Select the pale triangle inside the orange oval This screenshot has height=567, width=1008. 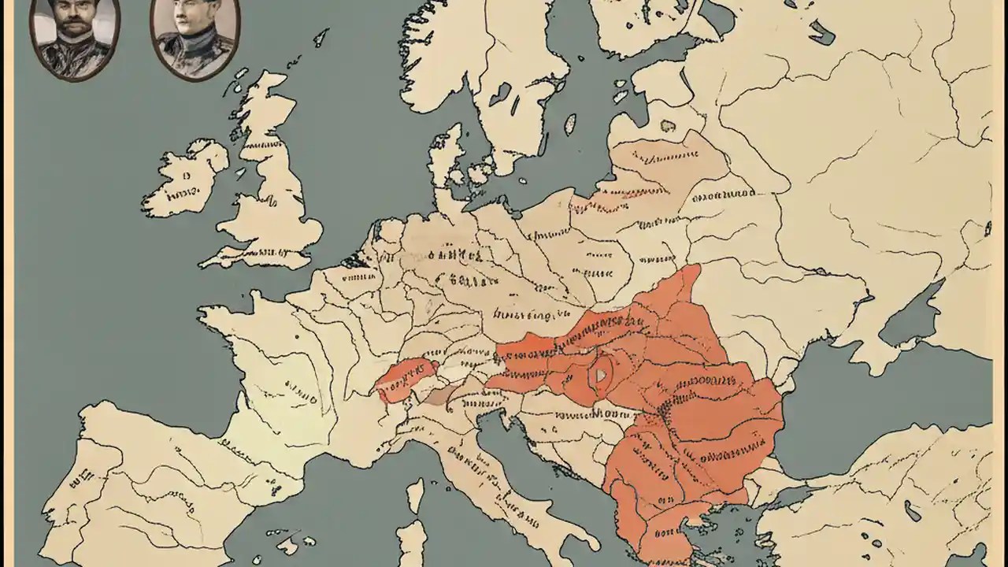601,375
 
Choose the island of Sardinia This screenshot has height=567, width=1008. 411,543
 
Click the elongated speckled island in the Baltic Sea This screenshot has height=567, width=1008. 569,124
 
